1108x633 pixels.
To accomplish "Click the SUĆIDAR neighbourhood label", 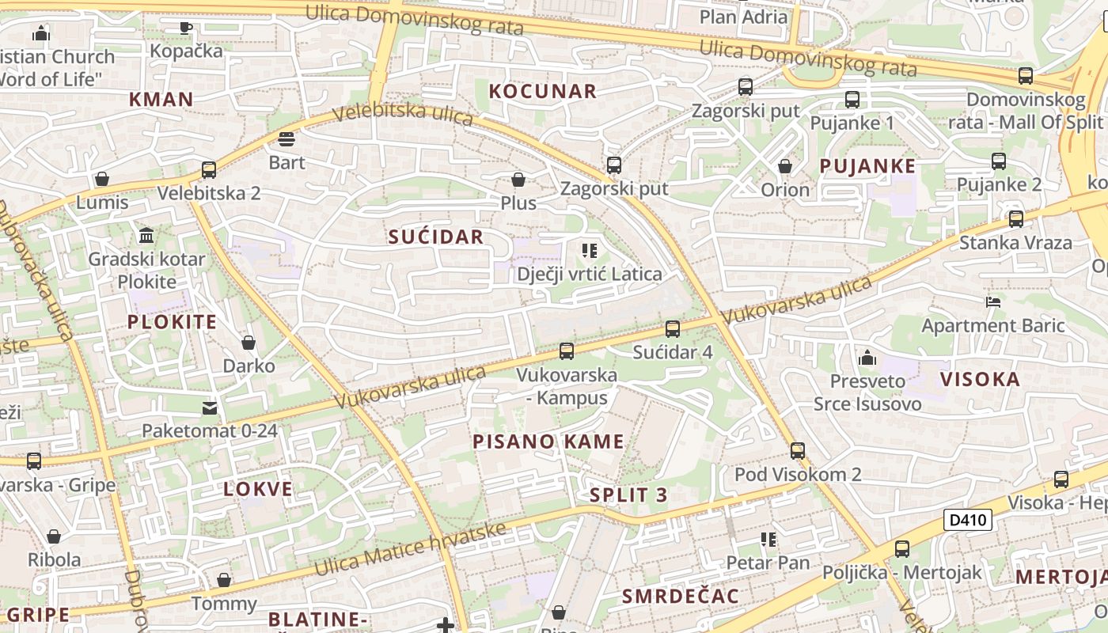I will pos(435,237).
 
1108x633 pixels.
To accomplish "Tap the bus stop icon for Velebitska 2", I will pos(209,170).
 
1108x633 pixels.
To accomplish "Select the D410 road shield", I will pos(968,520).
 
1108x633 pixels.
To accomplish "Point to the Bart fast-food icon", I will pos(286,140).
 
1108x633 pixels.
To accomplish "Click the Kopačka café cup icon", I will pos(186,28).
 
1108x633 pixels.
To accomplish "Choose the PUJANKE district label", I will pos(867,166).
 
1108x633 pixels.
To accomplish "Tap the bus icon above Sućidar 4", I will pos(673,328).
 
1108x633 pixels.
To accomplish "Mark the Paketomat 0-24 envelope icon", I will pos(209,407).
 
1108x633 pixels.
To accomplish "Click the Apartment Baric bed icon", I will pos(993,301).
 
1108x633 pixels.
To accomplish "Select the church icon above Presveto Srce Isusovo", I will pos(867,358).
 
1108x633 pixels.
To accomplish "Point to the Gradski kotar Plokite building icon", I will pos(146,236).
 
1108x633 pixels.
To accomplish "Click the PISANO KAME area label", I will pos(548,442).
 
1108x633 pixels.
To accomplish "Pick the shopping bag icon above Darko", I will pos(249,343).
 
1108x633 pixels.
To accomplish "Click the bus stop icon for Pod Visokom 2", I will pos(798,451).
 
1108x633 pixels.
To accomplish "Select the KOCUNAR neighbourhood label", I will pos(543,91).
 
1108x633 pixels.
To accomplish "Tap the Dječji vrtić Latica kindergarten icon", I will pos(589,251).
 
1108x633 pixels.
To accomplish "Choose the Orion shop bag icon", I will pos(785,166).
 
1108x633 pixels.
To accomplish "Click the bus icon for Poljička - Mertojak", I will pos(902,548).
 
